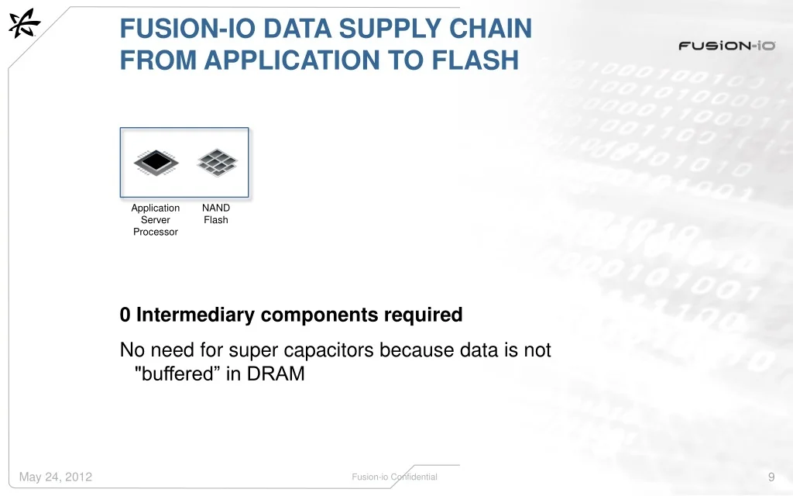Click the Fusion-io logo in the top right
726,46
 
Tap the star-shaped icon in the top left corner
24,23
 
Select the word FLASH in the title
475,60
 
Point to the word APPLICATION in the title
292,60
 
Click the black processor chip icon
156,163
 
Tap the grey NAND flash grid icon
217,162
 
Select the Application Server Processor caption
155,219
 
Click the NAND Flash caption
216,214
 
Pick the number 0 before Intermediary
125,315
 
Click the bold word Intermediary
195,315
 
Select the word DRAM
276,374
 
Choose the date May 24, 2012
56,477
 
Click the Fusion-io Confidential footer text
394,477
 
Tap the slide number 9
771,477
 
